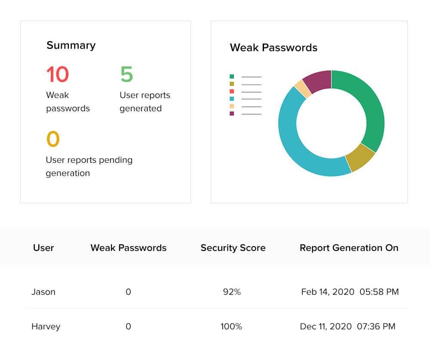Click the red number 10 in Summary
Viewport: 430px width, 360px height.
pos(58,74)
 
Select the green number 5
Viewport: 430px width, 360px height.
pos(126,74)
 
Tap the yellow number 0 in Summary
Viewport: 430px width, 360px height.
pos(53,139)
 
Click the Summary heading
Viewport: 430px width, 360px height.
pos(71,46)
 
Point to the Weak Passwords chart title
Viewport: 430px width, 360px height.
pos(273,48)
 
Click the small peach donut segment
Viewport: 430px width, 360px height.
pos(303,88)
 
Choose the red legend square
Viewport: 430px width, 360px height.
pos(232,92)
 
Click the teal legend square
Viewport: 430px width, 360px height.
pos(232,99)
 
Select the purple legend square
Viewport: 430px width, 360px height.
pos(232,113)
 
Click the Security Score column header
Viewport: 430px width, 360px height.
pos(233,248)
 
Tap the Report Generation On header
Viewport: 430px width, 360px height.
pos(349,248)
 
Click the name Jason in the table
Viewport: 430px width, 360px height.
pos(43,292)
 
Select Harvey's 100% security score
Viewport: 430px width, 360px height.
pos(231,326)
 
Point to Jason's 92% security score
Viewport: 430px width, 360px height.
pos(232,292)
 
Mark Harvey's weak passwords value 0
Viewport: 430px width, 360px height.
pos(128,326)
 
